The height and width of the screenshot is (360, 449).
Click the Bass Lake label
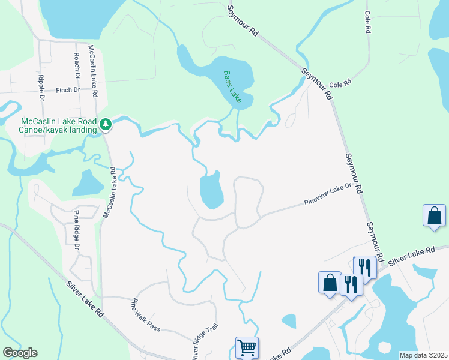[232, 88]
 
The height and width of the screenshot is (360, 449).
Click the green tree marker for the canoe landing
[106, 124]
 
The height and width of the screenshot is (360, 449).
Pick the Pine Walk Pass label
[146, 314]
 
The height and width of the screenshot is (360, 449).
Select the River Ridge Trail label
[205, 342]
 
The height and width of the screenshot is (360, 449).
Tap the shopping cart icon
[247, 347]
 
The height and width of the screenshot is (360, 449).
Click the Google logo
[20, 353]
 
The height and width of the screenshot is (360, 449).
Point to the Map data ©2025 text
[423, 355]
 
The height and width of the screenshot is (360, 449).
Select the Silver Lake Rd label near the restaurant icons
[411, 254]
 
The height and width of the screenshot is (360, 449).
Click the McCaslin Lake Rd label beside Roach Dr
[93, 71]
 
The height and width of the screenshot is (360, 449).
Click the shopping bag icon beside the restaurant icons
[330, 283]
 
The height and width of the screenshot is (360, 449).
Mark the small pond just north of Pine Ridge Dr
[88, 182]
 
